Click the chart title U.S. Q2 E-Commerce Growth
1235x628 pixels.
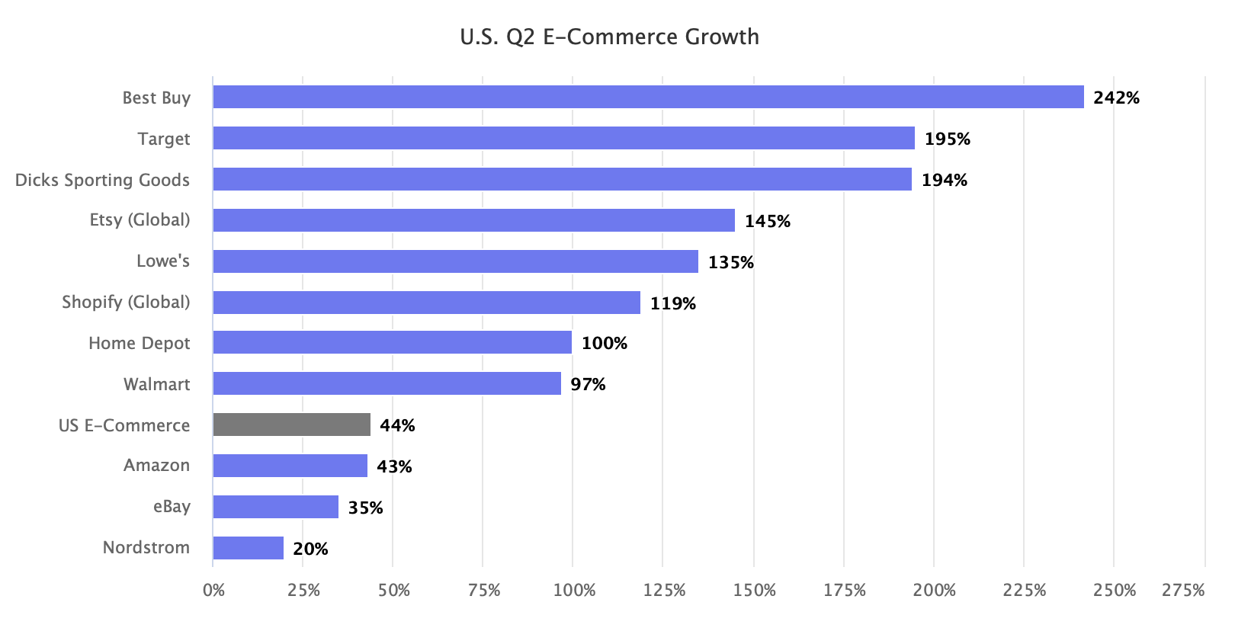point(609,37)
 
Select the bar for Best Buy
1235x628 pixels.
point(648,97)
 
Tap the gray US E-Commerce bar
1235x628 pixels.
point(292,425)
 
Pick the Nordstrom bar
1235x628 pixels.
point(249,548)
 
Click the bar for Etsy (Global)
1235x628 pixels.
point(473,220)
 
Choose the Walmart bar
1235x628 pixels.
point(387,383)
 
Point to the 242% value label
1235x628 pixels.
point(1116,98)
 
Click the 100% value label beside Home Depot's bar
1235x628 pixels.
point(604,344)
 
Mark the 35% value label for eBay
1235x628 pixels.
point(365,508)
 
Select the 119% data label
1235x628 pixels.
point(672,303)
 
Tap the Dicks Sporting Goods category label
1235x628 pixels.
point(102,180)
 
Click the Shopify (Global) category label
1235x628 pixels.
point(126,302)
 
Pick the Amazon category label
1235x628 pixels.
point(156,465)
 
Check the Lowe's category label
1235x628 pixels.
point(163,261)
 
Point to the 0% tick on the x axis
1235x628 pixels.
point(213,591)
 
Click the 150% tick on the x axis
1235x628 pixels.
point(754,591)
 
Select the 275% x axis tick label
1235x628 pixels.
point(1182,591)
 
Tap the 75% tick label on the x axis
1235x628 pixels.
point(483,591)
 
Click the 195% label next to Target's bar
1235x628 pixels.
point(947,139)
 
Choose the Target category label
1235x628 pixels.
point(164,139)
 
